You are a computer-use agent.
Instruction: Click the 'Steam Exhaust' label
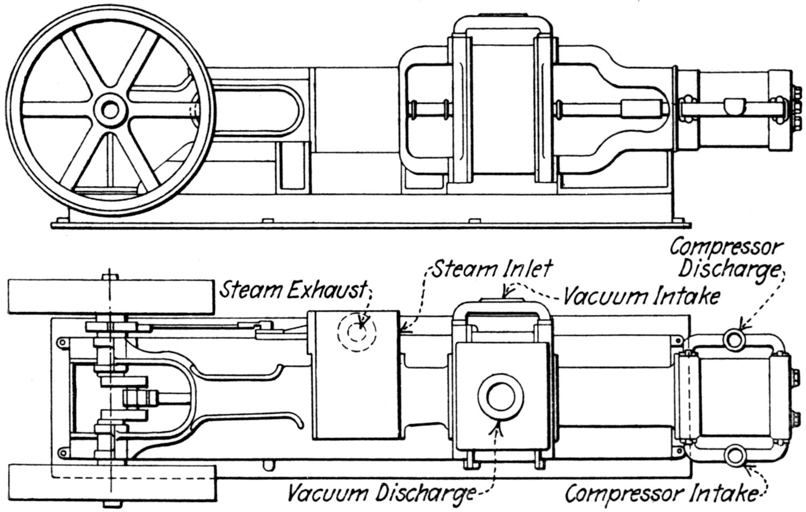click(293, 291)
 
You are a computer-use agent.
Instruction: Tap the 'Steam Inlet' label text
click(492, 269)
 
